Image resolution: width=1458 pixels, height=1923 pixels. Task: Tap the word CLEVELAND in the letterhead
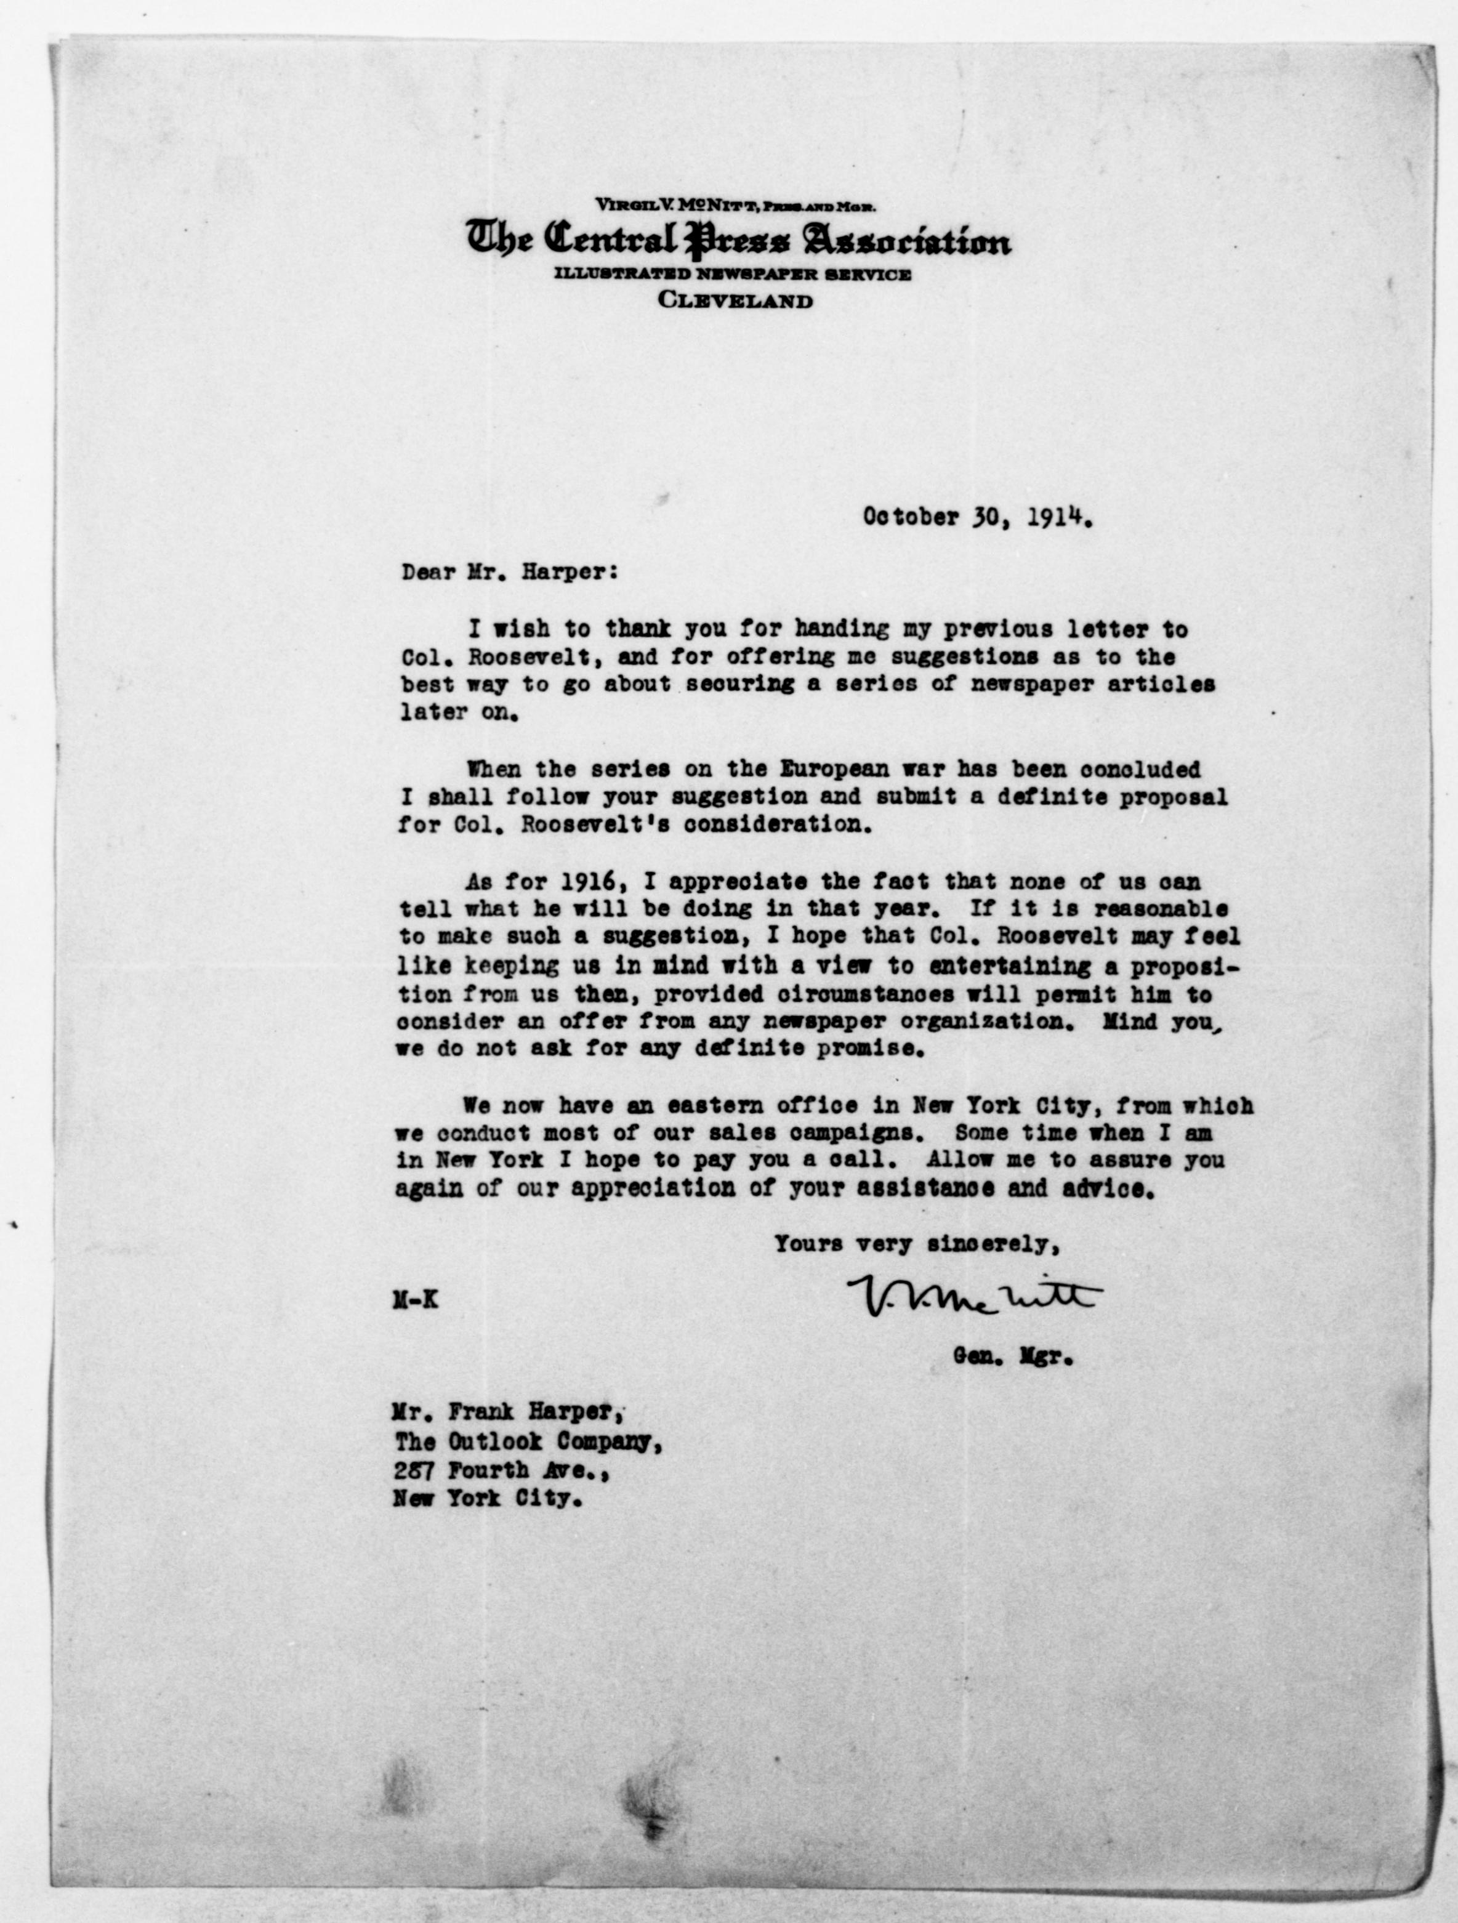point(736,302)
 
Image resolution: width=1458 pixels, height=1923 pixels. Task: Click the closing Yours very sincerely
point(916,1244)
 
